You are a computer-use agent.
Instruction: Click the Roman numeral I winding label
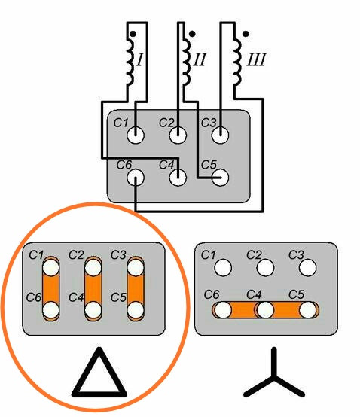[139, 59]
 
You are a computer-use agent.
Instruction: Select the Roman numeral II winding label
[200, 59]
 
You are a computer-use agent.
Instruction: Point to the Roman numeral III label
[256, 59]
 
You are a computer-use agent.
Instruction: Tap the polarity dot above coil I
[133, 34]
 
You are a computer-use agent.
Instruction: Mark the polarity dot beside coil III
[246, 34]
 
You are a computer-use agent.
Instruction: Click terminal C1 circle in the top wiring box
[136, 135]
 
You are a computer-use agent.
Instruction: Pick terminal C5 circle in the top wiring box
[220, 178]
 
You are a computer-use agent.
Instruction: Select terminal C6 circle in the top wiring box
[136, 178]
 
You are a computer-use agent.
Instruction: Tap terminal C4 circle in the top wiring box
[178, 178]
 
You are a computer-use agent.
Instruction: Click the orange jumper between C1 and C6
[50, 289]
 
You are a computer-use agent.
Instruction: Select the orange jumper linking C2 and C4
[93, 289]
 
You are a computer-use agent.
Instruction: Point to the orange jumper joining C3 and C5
[136, 289]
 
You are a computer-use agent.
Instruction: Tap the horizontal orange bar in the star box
[266, 310]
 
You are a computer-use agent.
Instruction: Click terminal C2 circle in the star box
[265, 267]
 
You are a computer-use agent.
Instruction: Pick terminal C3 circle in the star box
[307, 267]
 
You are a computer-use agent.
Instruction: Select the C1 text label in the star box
[208, 255]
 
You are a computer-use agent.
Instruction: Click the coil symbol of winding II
[187, 62]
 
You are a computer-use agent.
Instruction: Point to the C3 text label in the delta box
[118, 255]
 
